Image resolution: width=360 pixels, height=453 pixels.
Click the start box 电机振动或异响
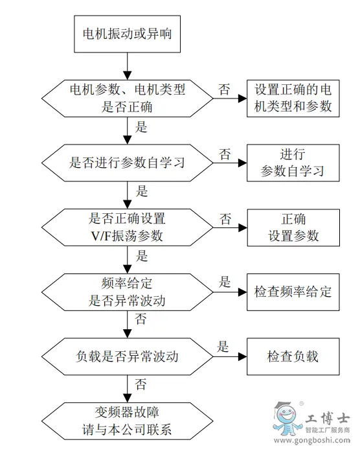tap(128, 34)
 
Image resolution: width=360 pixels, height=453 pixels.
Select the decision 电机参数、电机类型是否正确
tap(128, 99)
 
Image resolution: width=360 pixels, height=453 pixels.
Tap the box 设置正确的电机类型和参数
tap(293, 99)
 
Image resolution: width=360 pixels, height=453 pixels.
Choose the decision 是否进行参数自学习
tap(128, 163)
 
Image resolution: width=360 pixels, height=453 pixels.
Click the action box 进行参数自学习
tap(293, 163)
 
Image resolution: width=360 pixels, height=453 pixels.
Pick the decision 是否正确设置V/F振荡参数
tap(128, 227)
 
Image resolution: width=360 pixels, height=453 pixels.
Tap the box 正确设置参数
tap(293, 227)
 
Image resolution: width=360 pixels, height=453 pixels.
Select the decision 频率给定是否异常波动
tap(128, 292)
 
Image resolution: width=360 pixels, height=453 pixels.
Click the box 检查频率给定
tap(293, 292)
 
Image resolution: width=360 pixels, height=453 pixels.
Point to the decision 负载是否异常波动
tap(128, 357)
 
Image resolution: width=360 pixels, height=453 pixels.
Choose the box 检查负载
tap(293, 357)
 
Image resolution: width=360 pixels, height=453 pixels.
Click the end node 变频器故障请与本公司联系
tap(128, 421)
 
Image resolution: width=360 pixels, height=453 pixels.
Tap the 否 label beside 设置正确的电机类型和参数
tap(224, 89)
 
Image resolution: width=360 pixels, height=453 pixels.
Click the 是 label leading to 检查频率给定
tap(225, 282)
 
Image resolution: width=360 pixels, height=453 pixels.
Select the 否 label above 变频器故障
tap(141, 384)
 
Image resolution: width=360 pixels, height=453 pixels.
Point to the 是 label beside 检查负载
tap(223, 347)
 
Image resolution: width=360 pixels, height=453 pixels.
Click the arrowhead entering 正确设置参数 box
tap(243, 228)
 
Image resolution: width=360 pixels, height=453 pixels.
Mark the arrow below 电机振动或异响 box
tap(128, 66)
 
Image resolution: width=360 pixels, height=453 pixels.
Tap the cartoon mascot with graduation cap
tap(286, 419)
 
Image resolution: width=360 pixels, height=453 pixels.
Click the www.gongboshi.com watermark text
tap(312, 441)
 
